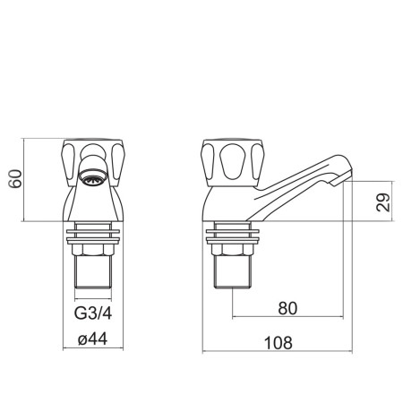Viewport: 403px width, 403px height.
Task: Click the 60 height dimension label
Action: [x=15, y=179]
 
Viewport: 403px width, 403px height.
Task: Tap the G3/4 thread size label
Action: [x=93, y=313]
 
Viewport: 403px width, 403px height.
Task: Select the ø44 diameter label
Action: [x=92, y=339]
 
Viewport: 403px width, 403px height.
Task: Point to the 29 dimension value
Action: [x=383, y=202]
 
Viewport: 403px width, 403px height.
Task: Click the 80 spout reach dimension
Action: [x=287, y=308]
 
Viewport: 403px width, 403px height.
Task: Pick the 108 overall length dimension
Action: [x=279, y=343]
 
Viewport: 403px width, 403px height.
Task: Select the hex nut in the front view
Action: [x=93, y=249]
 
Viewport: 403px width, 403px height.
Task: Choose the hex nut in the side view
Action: [x=233, y=250]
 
